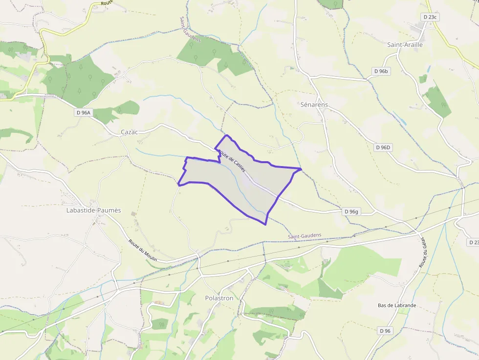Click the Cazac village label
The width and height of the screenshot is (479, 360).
point(130,132)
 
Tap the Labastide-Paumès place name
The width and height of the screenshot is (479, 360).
point(93,211)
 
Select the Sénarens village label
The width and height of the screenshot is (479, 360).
point(314,105)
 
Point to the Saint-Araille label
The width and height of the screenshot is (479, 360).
point(405,44)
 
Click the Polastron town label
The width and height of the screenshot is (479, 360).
point(219,298)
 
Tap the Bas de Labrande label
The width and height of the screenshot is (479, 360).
point(397,305)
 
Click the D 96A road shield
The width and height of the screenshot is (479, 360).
point(84,112)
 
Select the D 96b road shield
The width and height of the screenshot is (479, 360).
point(381,71)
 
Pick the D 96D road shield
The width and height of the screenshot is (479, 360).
point(384,147)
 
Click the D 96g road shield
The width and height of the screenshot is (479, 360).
point(351,212)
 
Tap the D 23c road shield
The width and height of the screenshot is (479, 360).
point(430,17)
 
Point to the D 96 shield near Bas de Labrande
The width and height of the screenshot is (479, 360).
point(385,331)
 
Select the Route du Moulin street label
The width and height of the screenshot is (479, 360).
point(143,250)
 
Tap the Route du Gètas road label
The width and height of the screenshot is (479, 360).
point(423,252)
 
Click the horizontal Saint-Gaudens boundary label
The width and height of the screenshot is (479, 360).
point(305,235)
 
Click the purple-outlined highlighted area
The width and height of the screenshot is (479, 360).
point(239,183)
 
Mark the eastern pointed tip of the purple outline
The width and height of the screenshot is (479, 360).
point(301,169)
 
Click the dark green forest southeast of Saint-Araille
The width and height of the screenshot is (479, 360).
point(437,101)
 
